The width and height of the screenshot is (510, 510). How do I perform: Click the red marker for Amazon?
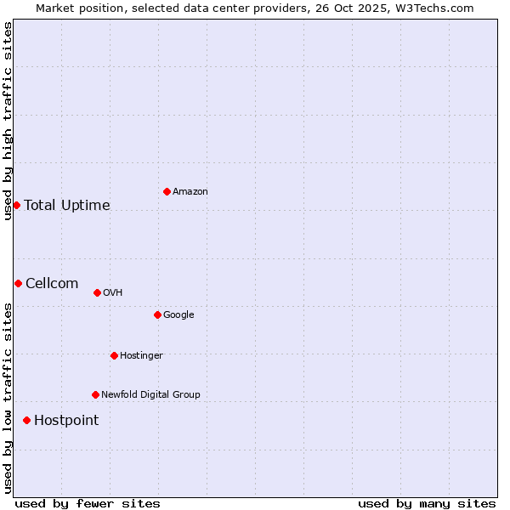click(x=167, y=191)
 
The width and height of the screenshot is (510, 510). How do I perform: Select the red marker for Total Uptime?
click(x=16, y=205)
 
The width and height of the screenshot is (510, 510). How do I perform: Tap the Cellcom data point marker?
click(x=18, y=283)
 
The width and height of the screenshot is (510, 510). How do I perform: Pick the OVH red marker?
click(x=97, y=292)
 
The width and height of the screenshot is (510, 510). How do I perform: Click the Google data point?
click(x=157, y=314)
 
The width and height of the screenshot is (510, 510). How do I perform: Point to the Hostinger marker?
click(x=114, y=355)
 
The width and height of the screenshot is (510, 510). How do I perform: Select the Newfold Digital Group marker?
click(x=95, y=394)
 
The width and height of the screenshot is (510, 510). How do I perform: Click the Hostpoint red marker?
click(x=26, y=420)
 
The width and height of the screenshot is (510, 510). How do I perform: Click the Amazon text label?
click(x=190, y=191)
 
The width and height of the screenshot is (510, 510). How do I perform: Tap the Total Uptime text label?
click(x=67, y=205)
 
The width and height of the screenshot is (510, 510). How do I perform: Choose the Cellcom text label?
click(x=52, y=283)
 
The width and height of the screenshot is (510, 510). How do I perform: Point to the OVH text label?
click(x=113, y=292)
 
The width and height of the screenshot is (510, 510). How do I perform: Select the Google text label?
click(x=178, y=314)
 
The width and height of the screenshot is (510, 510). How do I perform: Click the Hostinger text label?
click(x=141, y=355)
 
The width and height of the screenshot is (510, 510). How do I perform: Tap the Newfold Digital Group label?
click(x=150, y=394)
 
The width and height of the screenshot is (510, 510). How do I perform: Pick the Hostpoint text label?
click(x=66, y=420)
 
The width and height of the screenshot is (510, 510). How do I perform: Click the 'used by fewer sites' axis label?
click(x=88, y=503)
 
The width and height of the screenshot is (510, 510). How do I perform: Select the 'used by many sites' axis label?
click(x=427, y=503)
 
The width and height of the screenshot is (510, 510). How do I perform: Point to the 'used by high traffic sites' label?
click(x=8, y=121)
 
